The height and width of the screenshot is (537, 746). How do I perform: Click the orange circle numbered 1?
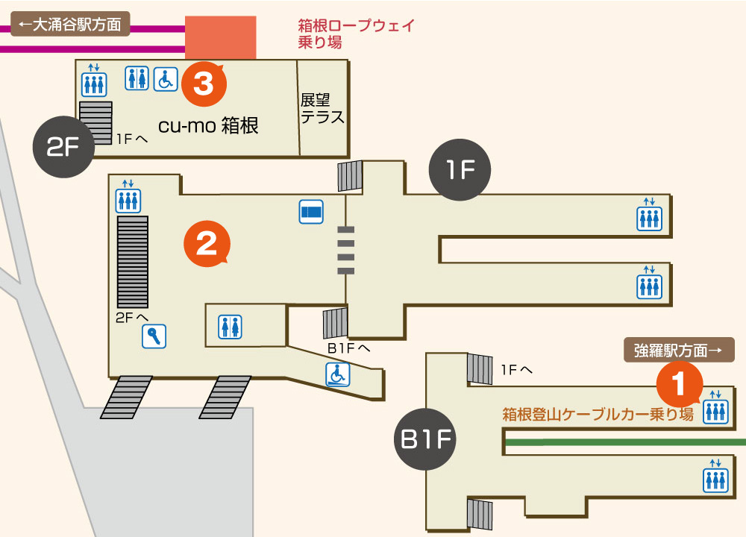point(679,384)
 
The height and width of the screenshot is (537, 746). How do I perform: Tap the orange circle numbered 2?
point(206,242)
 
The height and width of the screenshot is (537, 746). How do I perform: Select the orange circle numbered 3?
point(203,83)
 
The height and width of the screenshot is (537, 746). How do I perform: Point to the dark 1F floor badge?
point(460,170)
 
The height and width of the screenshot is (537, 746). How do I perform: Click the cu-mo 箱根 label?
point(208,125)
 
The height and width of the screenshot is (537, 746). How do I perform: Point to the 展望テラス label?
point(322,108)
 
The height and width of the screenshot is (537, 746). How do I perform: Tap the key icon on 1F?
point(154,336)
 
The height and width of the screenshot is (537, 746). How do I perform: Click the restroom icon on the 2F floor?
point(137,78)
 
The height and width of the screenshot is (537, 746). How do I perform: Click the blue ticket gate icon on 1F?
point(311,213)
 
